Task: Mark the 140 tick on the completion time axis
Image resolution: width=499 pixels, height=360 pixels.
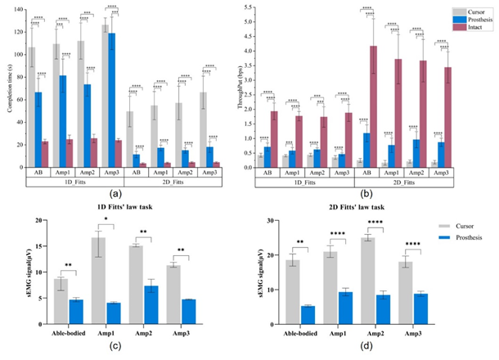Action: (x=19, y=10)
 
